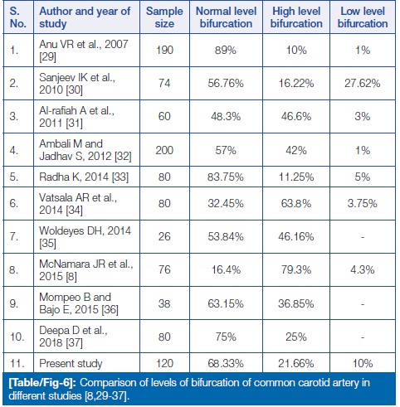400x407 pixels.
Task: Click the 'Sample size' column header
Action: (164, 17)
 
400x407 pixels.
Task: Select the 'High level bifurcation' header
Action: (296, 17)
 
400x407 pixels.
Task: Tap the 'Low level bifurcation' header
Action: (363, 17)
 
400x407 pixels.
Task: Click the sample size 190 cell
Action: (164, 51)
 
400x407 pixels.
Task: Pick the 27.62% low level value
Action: (363, 84)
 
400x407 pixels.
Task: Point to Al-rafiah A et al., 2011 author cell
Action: (76, 117)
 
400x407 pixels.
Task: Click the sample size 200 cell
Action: (164, 150)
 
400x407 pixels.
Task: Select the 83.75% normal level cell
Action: (226, 177)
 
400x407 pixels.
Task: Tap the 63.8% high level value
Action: (296, 204)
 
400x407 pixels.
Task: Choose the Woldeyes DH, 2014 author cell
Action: (85, 237)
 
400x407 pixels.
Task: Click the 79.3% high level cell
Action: (296, 269)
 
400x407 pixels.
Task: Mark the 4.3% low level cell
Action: (363, 269)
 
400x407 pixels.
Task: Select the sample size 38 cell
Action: (164, 303)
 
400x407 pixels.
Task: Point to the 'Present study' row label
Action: (71, 363)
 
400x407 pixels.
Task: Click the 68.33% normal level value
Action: (226, 363)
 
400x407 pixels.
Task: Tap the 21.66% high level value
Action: (296, 363)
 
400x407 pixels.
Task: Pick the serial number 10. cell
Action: (17, 337)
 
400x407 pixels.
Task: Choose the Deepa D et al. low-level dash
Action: (363, 337)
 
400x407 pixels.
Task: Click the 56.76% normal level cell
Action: (226, 84)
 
